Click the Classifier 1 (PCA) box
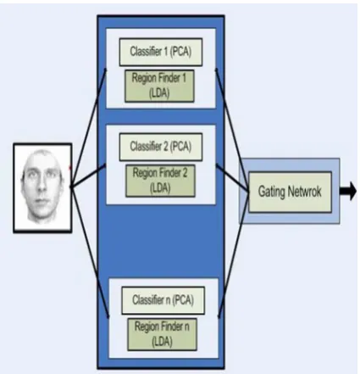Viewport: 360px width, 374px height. pos(161,52)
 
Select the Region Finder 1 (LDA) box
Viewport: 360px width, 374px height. pos(159,86)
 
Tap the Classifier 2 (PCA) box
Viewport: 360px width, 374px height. pos(161,147)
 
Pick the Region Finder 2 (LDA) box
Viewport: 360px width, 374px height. pos(160,181)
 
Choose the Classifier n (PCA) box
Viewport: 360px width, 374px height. pos(163,300)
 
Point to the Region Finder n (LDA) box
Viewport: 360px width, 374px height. pos(162,334)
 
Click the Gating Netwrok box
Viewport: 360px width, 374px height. pos(290,192)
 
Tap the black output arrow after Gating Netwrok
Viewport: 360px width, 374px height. pos(348,192)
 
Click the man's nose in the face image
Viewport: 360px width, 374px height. pos(42,186)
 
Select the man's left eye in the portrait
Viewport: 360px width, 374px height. pos(52,175)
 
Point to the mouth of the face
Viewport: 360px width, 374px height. pos(42,201)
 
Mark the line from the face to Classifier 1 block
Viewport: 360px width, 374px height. pos(88,127)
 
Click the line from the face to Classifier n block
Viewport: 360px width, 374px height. pos(90,252)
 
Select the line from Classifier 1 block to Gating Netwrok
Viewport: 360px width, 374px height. pos(232,131)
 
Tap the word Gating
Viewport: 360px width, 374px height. pos(271,192)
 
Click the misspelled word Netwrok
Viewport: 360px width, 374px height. pos(304,192)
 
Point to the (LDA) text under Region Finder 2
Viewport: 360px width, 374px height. pos(160,188)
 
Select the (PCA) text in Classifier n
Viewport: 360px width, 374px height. pos(183,300)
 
